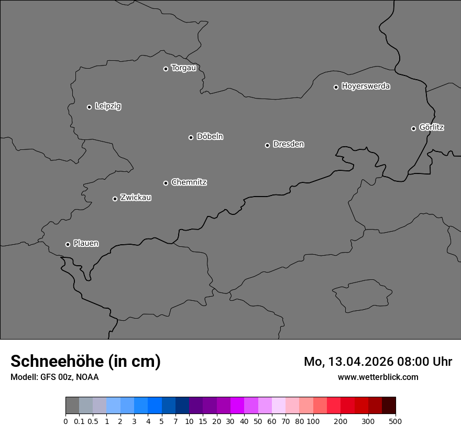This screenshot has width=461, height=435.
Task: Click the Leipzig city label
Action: click(x=108, y=106)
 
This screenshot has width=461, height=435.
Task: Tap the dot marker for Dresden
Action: click(x=267, y=145)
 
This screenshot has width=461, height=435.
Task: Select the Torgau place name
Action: click(x=183, y=68)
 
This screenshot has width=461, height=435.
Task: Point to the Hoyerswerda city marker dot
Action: click(x=336, y=87)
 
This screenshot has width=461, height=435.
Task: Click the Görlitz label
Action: click(x=432, y=127)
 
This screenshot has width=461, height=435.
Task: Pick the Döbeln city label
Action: click(x=210, y=137)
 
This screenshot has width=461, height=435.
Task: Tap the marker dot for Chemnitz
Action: click(x=166, y=183)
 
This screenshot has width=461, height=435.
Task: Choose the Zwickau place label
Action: click(x=136, y=198)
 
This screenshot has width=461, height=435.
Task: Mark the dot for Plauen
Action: click(x=68, y=244)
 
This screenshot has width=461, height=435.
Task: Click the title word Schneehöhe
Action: click(x=57, y=361)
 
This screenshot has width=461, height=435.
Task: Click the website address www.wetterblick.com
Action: click(x=378, y=377)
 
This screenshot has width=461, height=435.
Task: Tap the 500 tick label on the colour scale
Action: click(x=396, y=421)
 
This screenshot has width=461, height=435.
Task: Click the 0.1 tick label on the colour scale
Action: click(x=79, y=421)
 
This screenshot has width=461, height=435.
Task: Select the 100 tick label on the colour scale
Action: click(x=313, y=421)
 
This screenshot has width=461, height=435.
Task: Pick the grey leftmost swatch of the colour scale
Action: click(x=72, y=406)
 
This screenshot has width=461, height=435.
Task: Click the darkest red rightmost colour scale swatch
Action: click(x=389, y=406)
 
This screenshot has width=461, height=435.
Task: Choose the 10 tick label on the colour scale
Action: click(x=189, y=421)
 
